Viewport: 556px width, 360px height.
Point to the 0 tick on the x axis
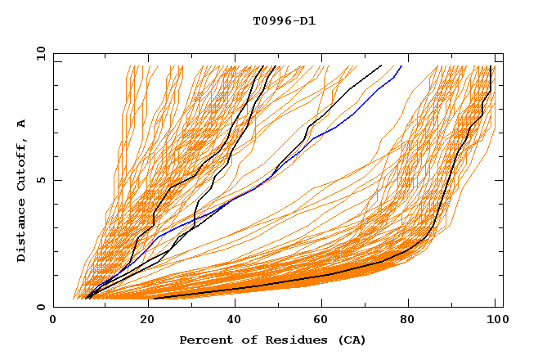[x=53, y=321]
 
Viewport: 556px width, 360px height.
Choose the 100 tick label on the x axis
[x=495, y=321]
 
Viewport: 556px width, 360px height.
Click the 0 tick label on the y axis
[x=41, y=307]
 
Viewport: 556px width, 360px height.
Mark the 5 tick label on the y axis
[x=41, y=180]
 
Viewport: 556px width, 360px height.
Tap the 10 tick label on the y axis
[x=38, y=53]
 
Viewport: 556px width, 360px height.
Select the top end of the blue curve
[x=401, y=66]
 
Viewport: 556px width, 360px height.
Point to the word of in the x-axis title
[x=244, y=340]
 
